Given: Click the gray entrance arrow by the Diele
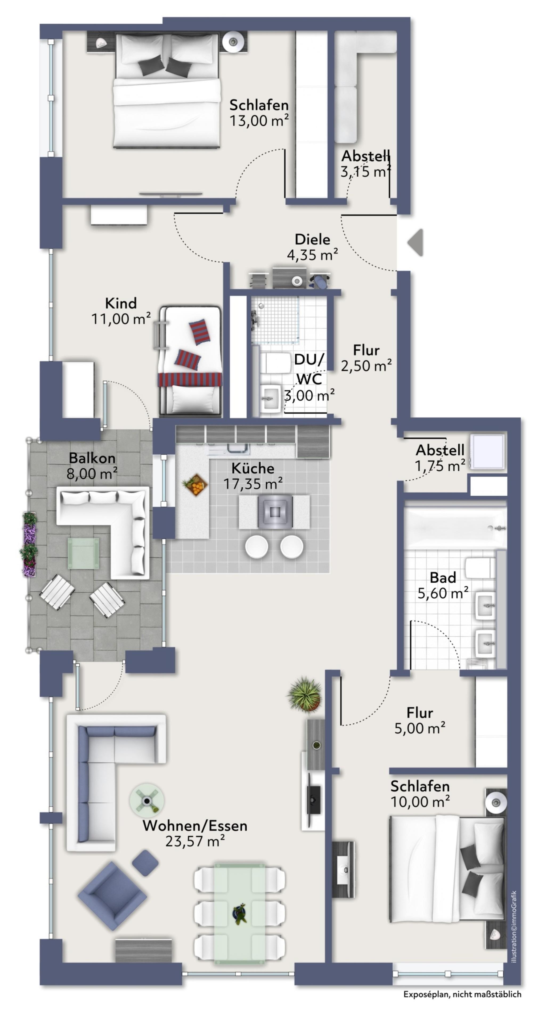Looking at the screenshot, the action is pos(416,242).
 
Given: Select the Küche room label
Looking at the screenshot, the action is pos(252,468).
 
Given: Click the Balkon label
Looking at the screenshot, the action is pos(92,458).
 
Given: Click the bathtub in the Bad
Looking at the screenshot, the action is pos(455,527).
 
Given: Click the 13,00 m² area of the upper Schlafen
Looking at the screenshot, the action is pos(259,120).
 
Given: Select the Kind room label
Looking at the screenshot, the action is pos(121,303).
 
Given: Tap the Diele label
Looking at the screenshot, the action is pos(312,239).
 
